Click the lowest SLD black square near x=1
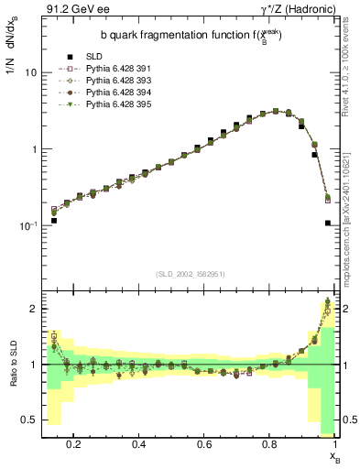(x=328, y=248)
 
